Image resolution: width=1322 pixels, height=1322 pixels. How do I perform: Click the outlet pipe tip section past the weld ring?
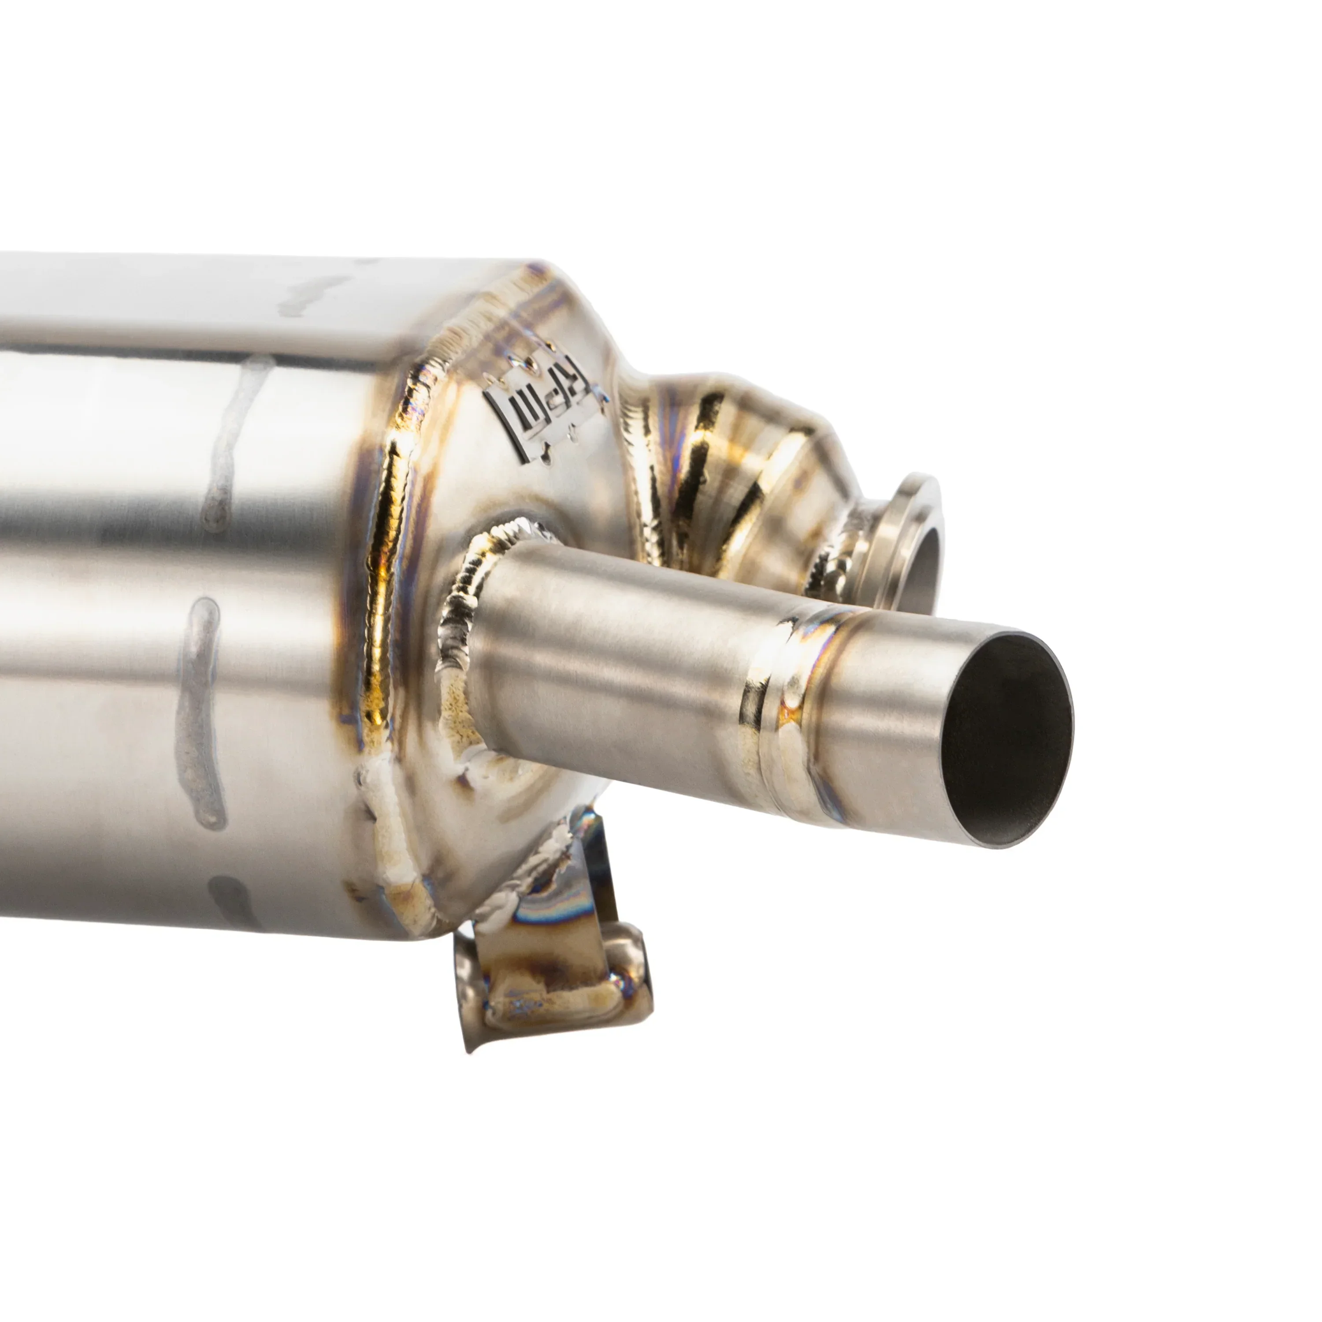(890, 725)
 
